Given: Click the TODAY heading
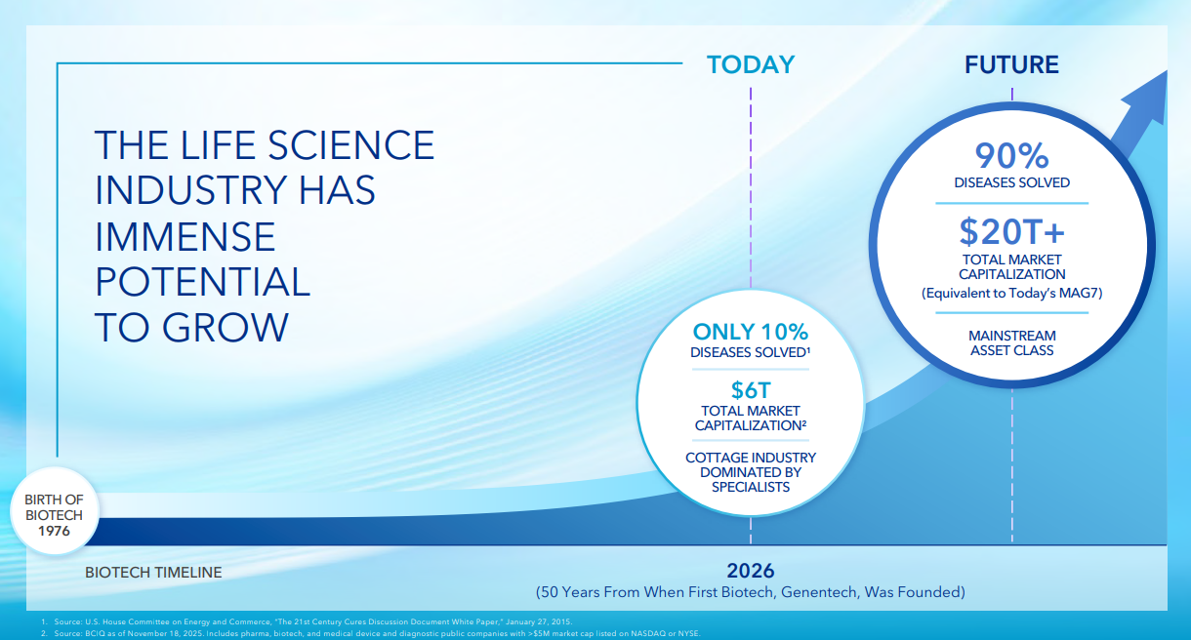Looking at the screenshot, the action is coord(750,64).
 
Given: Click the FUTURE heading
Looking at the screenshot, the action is coord(1011,64).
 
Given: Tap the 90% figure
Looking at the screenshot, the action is coord(1011,156).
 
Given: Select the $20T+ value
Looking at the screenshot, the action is coord(1011,232).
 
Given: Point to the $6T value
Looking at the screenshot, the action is coord(750,390).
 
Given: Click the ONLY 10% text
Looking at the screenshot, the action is coord(750,333).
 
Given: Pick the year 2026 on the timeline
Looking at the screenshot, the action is coord(750,571).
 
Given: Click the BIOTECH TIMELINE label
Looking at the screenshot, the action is coord(153,573).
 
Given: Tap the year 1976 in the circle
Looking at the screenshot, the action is coord(54,531).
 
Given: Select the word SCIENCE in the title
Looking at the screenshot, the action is coord(350,145).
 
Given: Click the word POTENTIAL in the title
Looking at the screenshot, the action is coord(203,282).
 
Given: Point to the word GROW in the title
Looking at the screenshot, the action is coord(226,328).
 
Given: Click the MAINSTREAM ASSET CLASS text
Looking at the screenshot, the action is coord(1011,342).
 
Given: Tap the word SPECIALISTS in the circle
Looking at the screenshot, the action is coord(750,487).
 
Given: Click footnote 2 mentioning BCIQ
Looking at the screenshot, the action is coord(371,633).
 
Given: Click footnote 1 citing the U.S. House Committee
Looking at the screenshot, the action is coord(307,621).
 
